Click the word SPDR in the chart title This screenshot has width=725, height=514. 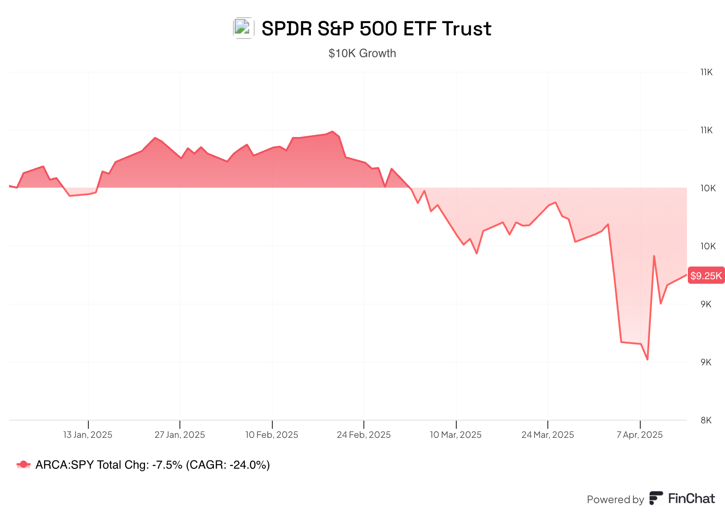pyautogui.click(x=287, y=29)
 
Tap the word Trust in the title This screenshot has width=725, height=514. pyautogui.click(x=467, y=29)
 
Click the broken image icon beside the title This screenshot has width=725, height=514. pyautogui.click(x=243, y=28)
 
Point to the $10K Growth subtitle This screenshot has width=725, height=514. pyautogui.click(x=362, y=53)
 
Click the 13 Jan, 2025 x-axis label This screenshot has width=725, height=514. pyautogui.click(x=87, y=435)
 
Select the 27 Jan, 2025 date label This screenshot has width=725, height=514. pyautogui.click(x=179, y=435)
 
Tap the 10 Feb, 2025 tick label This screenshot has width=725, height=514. pyautogui.click(x=272, y=435)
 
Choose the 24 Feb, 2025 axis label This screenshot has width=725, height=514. pyautogui.click(x=363, y=435)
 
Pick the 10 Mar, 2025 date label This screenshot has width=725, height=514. pyautogui.click(x=455, y=435)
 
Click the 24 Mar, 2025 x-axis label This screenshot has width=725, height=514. pyautogui.click(x=547, y=435)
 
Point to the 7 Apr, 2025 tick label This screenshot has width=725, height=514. pyautogui.click(x=639, y=435)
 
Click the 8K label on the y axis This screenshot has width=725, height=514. pyautogui.click(x=706, y=420)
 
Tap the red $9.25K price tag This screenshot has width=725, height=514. pyautogui.click(x=706, y=276)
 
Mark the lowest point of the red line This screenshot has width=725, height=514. pyautogui.click(x=648, y=359)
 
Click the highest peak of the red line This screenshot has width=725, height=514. pyautogui.click(x=333, y=131)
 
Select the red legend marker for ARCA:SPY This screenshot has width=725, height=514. pyautogui.click(x=23, y=465)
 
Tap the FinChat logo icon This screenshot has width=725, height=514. pyautogui.click(x=656, y=498)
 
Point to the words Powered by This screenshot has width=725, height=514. pyautogui.click(x=615, y=499)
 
